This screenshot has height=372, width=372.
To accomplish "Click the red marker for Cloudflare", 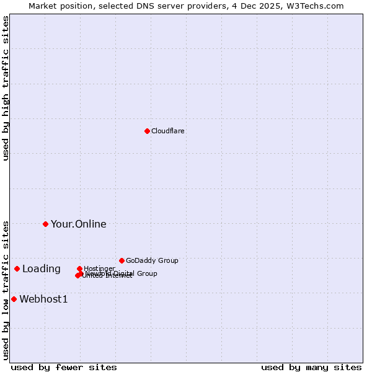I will pos(147,131).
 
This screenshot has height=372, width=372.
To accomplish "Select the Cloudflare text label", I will pos(167,131).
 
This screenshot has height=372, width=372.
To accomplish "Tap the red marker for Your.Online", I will pos(45,224).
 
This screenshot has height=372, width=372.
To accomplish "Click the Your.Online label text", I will pos(78,224).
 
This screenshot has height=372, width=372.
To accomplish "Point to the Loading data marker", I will pos(17,268).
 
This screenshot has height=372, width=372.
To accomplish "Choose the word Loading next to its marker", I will pos(41,268).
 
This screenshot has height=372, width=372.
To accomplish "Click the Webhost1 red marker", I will pos(14,299).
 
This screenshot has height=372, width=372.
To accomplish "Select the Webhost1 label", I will pos(43,299).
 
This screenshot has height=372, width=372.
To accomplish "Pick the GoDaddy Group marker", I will pos(122,260).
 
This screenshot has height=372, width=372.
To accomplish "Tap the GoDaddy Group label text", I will pos(151,260).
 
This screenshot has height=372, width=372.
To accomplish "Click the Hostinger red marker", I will pos(79,268).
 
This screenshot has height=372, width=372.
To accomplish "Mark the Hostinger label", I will pos(99,268).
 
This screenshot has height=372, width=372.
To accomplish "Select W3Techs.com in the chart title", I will pos(318,6).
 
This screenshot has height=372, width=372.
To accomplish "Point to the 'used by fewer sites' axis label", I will pos(64,367).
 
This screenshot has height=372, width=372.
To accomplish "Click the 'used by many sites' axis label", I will pos(311,367).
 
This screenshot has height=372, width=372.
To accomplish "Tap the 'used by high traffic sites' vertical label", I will pos(6,89).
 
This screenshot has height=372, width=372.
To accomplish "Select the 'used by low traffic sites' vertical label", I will pos(6,290).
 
